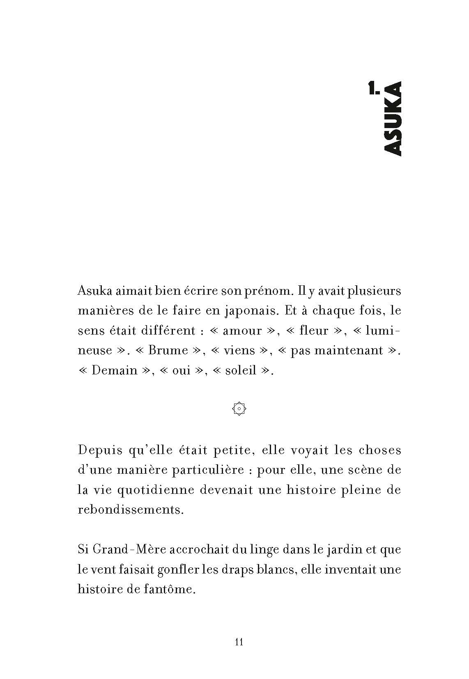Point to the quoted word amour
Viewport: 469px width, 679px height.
(x=242, y=331)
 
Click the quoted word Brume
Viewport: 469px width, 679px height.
(x=168, y=351)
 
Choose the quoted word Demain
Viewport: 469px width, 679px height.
(x=114, y=370)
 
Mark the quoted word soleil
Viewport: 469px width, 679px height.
(x=241, y=370)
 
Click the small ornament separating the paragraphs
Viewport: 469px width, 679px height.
(x=239, y=408)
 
